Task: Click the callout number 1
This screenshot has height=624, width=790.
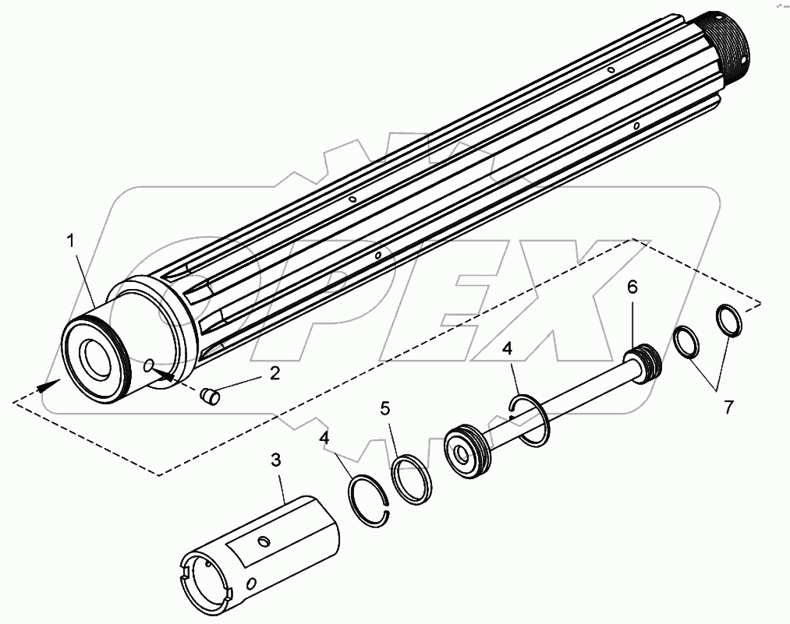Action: coord(72,241)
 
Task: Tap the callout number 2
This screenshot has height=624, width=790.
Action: coord(274,373)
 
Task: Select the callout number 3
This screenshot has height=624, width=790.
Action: coord(275,459)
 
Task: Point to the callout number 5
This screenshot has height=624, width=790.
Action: coord(384,407)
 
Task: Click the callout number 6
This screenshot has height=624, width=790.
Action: coord(632,287)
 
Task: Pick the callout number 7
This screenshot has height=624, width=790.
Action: coord(728,407)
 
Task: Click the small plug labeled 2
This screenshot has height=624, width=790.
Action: coord(209,396)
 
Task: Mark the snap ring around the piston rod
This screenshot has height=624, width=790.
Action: coord(531,421)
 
